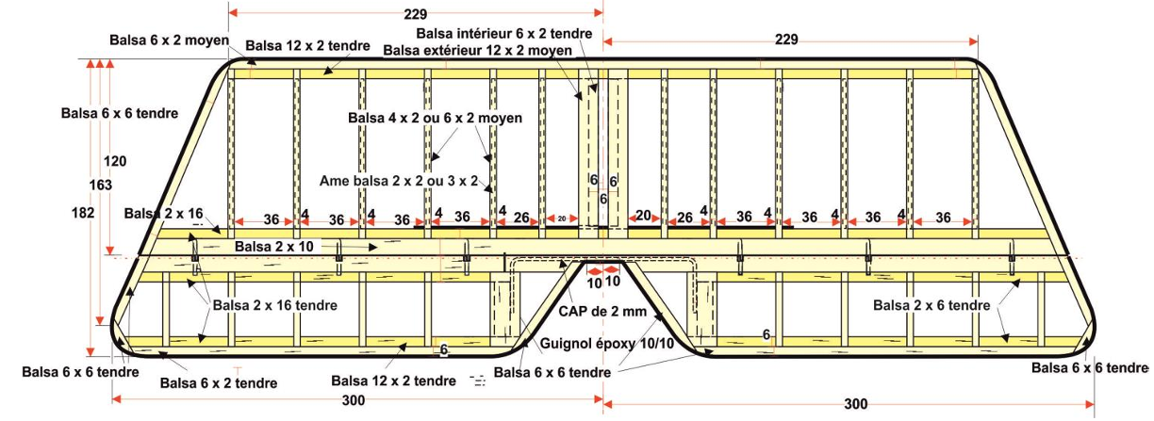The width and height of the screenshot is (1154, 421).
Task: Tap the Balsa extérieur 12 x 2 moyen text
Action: coord(478,49)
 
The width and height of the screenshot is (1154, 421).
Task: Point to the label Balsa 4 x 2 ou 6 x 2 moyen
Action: coord(435,118)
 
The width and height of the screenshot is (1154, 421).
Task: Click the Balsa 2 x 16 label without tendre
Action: coord(164,214)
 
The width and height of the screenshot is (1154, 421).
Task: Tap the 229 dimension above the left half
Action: coord(413,14)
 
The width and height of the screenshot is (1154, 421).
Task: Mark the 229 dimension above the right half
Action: coord(786,40)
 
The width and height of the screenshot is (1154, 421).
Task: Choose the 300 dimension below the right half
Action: coord(855,404)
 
